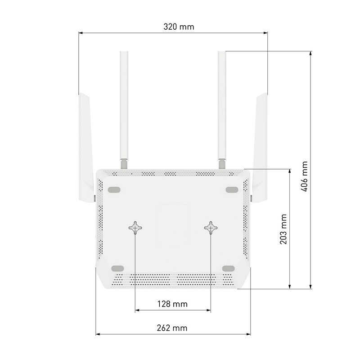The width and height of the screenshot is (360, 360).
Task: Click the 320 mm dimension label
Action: click(x=179, y=27)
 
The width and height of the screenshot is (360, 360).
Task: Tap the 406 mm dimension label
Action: click(x=304, y=176)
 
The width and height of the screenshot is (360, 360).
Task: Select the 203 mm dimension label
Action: click(x=283, y=229)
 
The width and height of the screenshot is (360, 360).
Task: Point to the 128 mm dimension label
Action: click(x=172, y=304)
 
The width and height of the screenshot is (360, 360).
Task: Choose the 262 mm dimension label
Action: click(x=172, y=328)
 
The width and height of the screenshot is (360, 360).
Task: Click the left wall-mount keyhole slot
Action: click(x=135, y=228)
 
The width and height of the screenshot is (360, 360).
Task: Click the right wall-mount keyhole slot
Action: click(x=211, y=228)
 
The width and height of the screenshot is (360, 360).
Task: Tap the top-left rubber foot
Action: click(x=114, y=189)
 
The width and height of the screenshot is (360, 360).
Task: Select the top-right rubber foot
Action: click(x=232, y=189)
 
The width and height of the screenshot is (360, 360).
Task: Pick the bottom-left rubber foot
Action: click(x=117, y=268)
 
